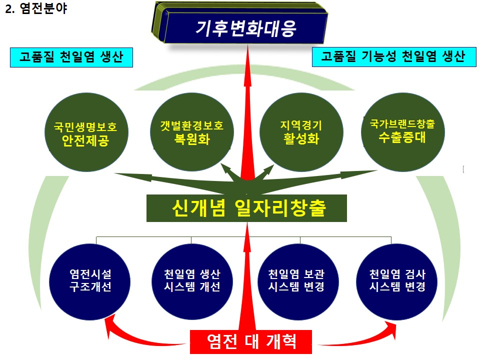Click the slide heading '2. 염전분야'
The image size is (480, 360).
(35, 9)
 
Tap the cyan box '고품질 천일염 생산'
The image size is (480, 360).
(71, 57)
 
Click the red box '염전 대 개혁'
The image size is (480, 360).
(251, 341)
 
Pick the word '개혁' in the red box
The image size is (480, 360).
(282, 341)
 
